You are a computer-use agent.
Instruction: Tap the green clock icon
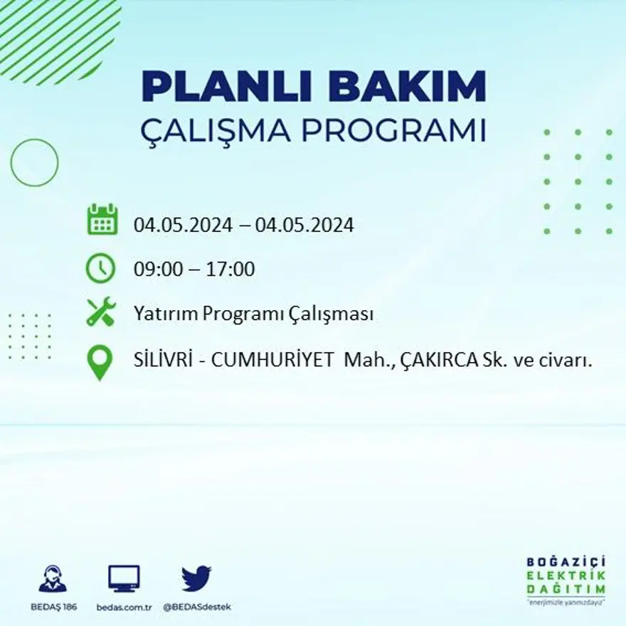(100, 268)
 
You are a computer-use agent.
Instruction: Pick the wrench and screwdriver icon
(100, 312)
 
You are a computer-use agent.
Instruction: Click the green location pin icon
(100, 361)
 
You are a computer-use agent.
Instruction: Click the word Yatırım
(160, 314)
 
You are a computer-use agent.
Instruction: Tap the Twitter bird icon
(196, 578)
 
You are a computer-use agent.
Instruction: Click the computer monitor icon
(124, 578)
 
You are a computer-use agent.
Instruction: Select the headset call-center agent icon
(53, 578)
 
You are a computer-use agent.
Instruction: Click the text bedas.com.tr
(124, 607)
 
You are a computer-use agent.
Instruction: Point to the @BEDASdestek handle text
(197, 607)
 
